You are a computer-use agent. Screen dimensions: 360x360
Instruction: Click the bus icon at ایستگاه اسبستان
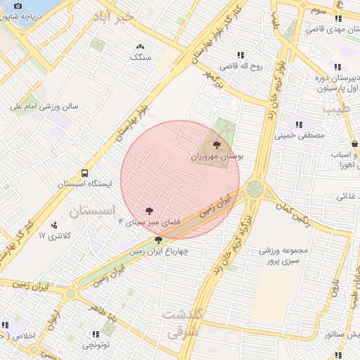(x=84, y=172)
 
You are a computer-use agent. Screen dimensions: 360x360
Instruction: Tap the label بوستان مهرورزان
(x=216, y=157)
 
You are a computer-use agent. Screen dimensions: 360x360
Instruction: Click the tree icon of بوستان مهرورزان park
(x=217, y=145)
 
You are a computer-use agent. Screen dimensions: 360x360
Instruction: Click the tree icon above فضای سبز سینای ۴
(x=149, y=210)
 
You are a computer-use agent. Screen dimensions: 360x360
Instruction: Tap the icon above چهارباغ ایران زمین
(x=158, y=240)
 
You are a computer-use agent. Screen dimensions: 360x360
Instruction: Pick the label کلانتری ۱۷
(x=51, y=236)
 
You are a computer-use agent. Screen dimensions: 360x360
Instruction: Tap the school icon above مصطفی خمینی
(x=300, y=124)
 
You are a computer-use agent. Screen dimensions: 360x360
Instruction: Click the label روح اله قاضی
(x=240, y=67)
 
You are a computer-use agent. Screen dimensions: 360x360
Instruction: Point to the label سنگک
(x=141, y=57)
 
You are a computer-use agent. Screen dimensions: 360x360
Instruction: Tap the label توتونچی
(x=96, y=345)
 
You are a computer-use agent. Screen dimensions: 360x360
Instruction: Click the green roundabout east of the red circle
(x=255, y=188)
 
